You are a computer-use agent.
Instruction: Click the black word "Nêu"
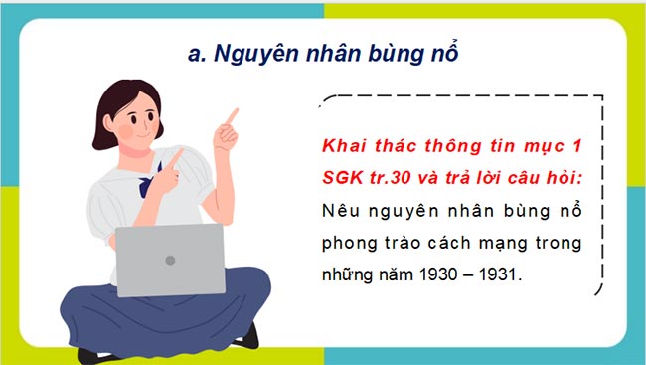[x=340, y=211]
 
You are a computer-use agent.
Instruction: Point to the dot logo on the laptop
[x=170, y=261]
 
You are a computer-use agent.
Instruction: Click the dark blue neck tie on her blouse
[x=150, y=186]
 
